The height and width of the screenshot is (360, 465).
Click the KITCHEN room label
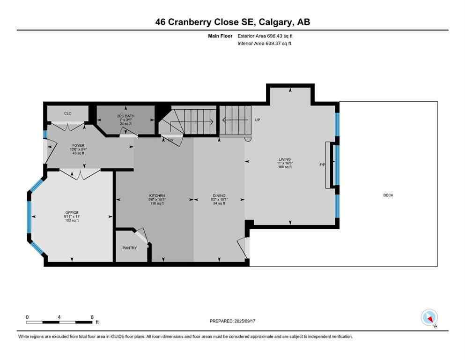coord(157,195)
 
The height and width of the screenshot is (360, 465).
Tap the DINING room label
coord(219,195)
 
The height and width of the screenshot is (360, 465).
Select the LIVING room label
coord(285,159)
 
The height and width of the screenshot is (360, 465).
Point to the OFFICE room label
coord(72,212)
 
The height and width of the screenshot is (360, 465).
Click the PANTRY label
coord(130,247)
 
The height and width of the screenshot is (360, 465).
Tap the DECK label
coord(388,195)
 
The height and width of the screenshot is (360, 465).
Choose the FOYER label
coord(78,145)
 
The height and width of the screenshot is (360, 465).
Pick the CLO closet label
coord(67,113)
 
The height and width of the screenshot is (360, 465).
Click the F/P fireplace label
coord(323,165)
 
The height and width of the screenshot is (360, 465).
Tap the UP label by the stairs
coord(257,120)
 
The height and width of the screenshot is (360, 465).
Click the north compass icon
coord(429,317)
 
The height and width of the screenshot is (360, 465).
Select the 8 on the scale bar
coord(92,316)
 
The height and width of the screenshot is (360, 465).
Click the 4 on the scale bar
coord(59,316)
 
